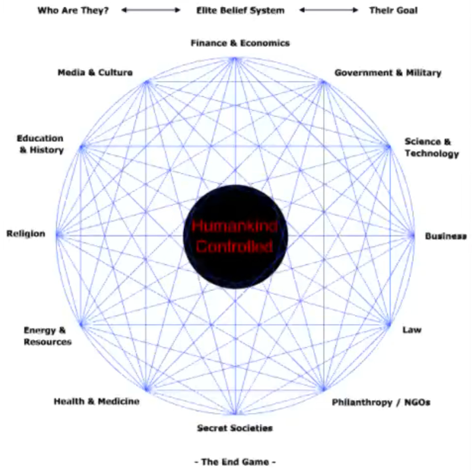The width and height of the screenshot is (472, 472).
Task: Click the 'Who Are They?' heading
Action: tap(73, 11)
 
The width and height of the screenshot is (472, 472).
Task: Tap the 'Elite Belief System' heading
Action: tap(240, 11)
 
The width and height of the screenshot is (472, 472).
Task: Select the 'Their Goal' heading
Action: tap(393, 11)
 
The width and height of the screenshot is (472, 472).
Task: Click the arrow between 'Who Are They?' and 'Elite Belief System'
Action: tap(151, 10)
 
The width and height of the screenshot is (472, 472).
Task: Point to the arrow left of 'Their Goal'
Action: tap(329, 10)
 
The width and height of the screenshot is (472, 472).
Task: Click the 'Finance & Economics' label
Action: tap(240, 43)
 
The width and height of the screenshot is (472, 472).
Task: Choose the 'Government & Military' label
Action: tap(388, 73)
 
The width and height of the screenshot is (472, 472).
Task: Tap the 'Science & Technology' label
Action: tap(431, 147)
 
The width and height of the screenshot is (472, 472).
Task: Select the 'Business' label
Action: tap(445, 236)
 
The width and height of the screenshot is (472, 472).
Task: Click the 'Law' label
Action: tap(412, 330)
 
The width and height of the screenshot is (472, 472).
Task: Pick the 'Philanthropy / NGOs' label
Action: tap(381, 402)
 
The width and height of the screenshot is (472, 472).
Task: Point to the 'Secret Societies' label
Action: tap(235, 428)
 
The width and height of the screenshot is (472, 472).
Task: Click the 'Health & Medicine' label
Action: tap(97, 402)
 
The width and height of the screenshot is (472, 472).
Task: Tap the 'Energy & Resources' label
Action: tap(47, 336)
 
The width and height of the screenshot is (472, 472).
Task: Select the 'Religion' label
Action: tap(26, 234)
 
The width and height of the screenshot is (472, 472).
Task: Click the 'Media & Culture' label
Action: tap(95, 72)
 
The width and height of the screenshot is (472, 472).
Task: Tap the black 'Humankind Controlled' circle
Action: tap(235, 236)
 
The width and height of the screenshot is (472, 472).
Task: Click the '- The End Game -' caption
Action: tap(235, 462)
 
